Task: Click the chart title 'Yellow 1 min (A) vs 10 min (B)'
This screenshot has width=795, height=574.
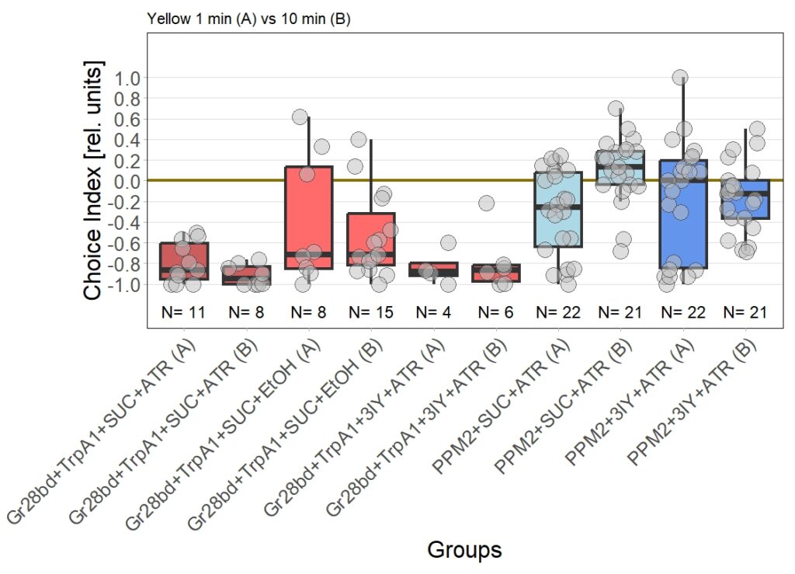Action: (248, 19)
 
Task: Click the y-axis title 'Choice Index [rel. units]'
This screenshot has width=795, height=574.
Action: (93, 181)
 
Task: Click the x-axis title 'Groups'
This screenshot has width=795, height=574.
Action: (464, 550)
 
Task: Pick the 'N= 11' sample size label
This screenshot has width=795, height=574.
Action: (184, 313)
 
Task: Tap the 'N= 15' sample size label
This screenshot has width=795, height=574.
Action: (371, 313)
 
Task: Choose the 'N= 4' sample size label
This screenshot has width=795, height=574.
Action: (432, 313)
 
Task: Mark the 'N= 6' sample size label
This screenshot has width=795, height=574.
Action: (495, 313)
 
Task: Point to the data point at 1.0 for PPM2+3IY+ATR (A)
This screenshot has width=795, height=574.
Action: (680, 78)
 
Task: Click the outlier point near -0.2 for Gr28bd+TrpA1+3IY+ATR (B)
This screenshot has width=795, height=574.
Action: (487, 204)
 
